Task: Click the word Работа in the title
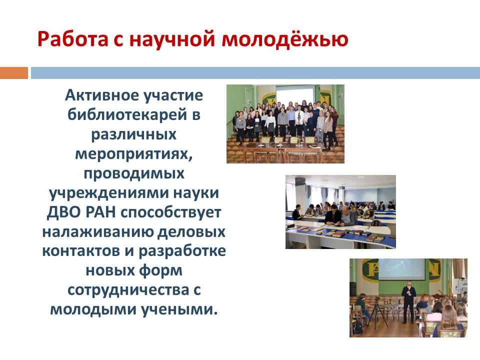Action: click(x=73, y=39)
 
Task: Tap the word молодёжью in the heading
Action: click(x=285, y=38)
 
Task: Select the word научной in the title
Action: click(x=172, y=39)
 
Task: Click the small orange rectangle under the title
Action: click(x=14, y=73)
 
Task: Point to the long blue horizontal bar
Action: click(x=255, y=73)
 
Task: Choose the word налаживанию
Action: click(x=97, y=231)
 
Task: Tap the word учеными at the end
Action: click(x=179, y=310)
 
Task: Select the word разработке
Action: click(x=182, y=251)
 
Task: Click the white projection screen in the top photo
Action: click(x=295, y=97)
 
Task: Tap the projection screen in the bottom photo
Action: click(x=401, y=269)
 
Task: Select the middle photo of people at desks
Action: click(x=340, y=212)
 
